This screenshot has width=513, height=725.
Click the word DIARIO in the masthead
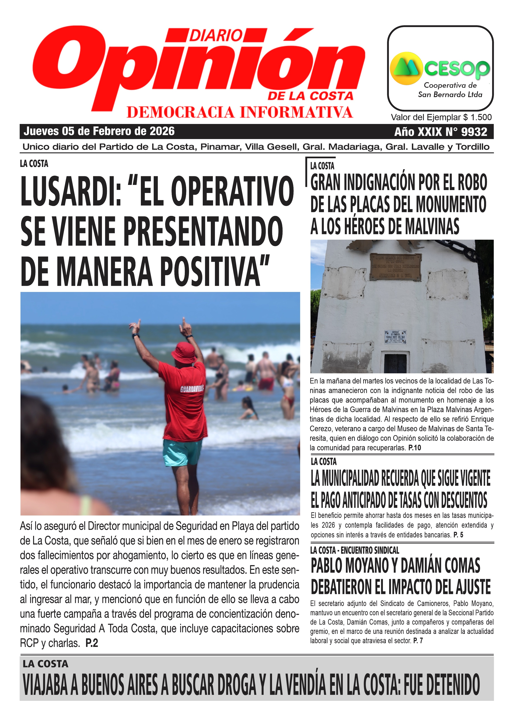pos(216,35)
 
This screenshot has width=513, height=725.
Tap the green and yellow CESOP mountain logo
pos(406,69)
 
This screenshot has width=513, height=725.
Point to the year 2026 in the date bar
pos(162,131)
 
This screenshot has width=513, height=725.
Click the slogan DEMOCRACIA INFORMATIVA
pos(240,112)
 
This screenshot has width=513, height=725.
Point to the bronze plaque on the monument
pos(396,267)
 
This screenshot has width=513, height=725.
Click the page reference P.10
pos(414,448)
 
